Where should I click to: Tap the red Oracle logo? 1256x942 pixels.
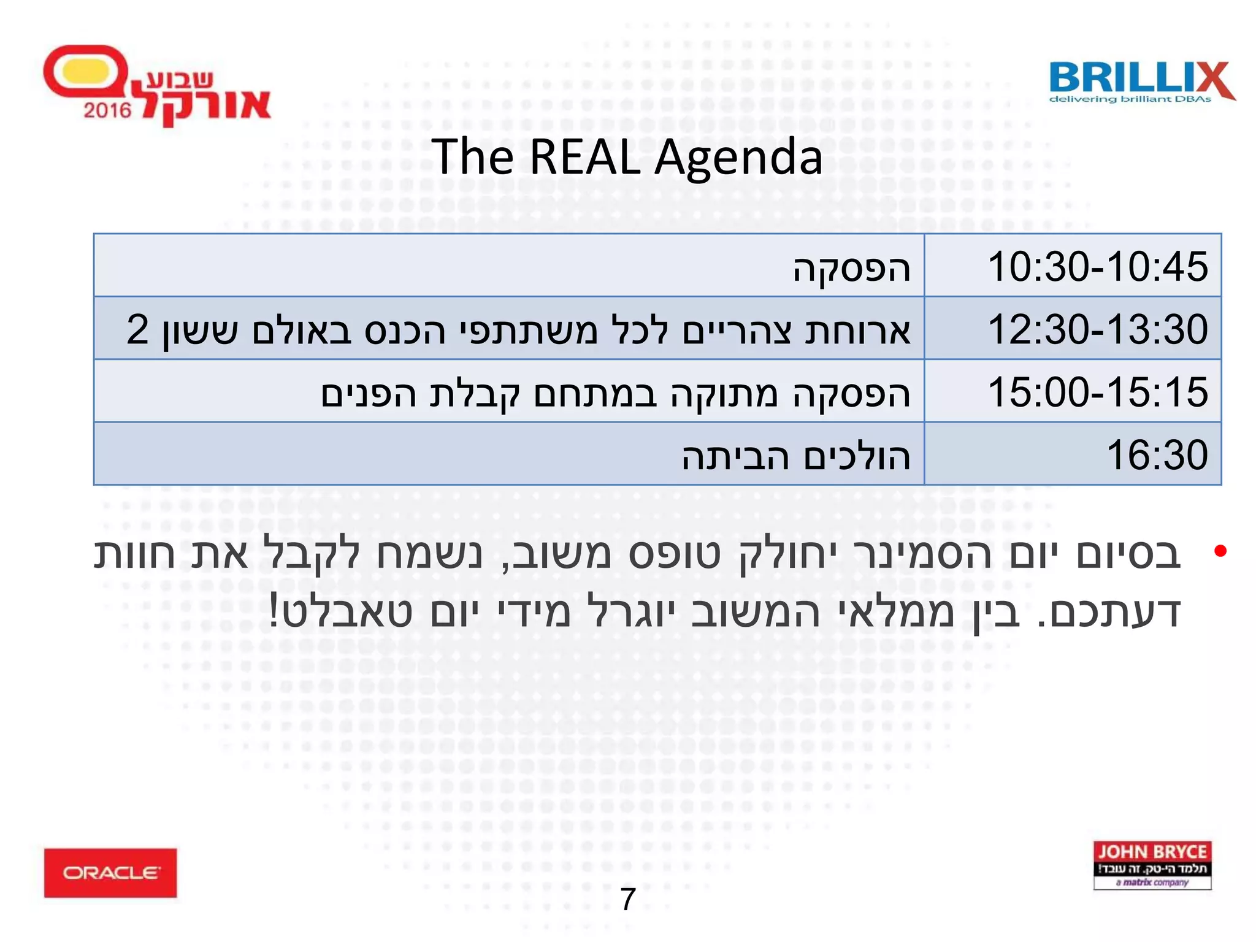pos(110,872)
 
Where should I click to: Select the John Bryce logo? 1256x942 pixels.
pos(1152,865)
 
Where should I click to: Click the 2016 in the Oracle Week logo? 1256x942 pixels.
pos(107,110)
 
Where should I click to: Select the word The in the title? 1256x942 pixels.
pos(472,157)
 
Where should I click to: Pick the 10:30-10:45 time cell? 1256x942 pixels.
pos(1097,267)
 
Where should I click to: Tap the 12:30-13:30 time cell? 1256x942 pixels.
pos(1097,329)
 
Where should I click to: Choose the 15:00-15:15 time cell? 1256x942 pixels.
pos(1097,392)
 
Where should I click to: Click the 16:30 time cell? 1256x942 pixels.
pos(1156,455)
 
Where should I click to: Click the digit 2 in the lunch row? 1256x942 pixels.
pos(137,329)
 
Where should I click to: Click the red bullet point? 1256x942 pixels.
pos(1220,551)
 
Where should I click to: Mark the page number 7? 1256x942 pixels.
pos(628,899)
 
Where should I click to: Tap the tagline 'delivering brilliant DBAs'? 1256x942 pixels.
pos(1130,99)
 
